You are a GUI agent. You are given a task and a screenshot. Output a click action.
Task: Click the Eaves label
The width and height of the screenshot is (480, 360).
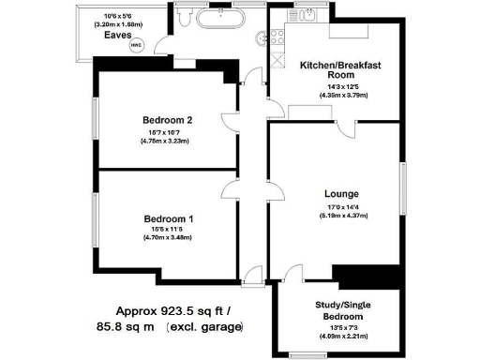point(118,35)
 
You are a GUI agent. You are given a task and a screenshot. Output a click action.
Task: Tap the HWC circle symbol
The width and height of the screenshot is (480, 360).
point(137,43)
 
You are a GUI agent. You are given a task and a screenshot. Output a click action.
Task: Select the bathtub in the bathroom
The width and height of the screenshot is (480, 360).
point(221,19)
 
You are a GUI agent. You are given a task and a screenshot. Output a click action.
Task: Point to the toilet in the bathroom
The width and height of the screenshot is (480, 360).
point(185,18)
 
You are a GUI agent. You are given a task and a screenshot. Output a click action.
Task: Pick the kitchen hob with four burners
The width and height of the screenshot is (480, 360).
point(277,38)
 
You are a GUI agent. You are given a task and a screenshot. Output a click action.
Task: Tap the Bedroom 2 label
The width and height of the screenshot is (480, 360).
point(168,120)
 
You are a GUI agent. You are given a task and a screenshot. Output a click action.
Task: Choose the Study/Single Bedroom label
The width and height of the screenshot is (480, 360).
point(340,310)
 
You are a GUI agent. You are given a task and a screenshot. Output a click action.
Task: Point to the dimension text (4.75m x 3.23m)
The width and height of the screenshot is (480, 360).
point(168,142)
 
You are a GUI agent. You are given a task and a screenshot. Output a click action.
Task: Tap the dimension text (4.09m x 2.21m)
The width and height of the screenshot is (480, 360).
point(340,336)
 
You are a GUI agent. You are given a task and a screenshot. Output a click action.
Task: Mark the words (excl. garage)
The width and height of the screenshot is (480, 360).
point(204,327)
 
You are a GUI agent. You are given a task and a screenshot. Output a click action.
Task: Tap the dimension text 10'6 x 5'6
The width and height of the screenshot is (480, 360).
point(118,16)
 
